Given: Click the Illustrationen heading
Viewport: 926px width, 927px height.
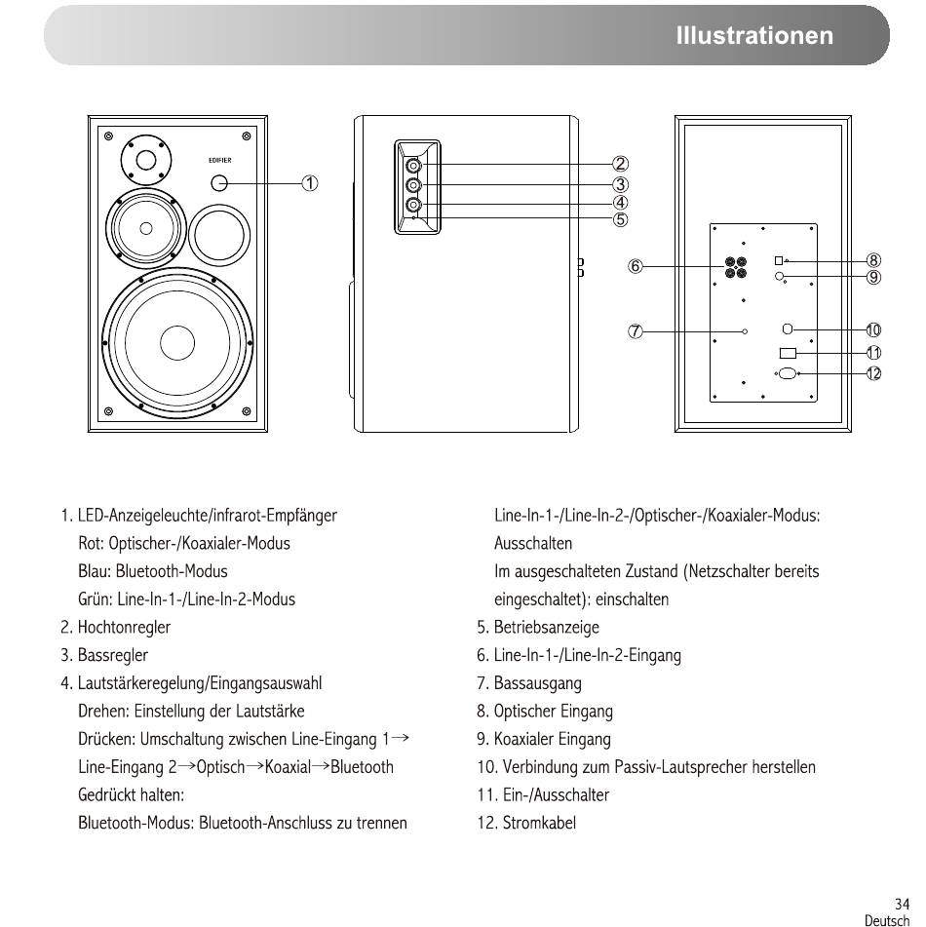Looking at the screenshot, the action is tap(754, 35).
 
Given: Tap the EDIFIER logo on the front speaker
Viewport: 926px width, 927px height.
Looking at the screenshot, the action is tap(220, 160).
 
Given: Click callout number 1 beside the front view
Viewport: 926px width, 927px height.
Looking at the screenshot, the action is tap(310, 183).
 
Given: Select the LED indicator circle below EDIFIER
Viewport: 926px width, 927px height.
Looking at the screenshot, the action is tap(219, 183).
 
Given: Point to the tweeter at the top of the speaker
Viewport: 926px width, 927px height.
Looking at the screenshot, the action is tap(146, 160).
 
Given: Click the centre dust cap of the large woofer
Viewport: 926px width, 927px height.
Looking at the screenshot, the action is tap(177, 343).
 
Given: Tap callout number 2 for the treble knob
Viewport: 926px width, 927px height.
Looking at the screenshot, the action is tap(620, 164).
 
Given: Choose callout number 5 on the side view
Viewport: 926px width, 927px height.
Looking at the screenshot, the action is tap(620, 219).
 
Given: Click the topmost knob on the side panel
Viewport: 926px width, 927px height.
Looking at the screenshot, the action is tap(414, 165).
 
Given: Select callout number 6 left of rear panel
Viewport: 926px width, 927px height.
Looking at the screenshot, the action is tap(636, 266).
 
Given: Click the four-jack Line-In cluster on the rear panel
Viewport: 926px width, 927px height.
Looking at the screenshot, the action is tap(736, 267).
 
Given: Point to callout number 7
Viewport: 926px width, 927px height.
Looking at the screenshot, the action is tap(636, 331).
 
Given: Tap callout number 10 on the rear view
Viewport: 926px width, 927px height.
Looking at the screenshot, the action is tap(873, 329).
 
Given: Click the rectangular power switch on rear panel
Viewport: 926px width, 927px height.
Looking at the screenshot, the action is tap(789, 353).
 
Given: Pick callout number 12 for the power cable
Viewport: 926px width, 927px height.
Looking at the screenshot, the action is tap(873, 373).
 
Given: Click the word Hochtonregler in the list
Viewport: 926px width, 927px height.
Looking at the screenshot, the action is tap(124, 628).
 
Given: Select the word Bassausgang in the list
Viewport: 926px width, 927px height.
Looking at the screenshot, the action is tap(537, 683).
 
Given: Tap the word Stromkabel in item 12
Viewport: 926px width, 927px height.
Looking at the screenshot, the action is tap(539, 823).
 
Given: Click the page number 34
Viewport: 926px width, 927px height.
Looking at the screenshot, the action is tap(903, 904).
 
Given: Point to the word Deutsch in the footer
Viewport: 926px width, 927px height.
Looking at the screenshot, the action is tap(887, 920).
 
